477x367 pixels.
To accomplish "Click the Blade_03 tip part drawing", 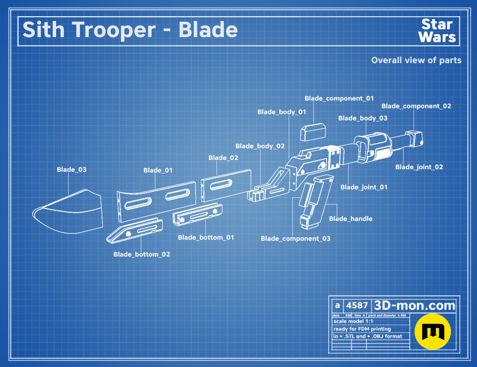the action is click(x=68, y=212).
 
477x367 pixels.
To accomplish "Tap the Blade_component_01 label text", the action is click(x=339, y=98).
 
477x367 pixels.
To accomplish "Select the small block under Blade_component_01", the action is click(x=313, y=132).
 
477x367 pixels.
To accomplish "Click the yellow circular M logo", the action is click(x=433, y=331).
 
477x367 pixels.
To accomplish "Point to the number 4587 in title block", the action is click(x=357, y=305).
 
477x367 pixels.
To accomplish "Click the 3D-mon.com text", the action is click(x=414, y=305).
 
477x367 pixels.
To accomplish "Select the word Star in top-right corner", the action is click(x=437, y=24).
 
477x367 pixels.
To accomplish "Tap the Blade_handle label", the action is click(x=350, y=219).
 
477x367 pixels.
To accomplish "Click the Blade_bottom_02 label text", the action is click(x=142, y=254).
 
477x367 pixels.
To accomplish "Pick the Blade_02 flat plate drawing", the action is click(x=226, y=185).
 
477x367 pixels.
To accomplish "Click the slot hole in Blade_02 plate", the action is click(x=221, y=185).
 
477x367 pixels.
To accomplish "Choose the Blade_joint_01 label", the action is click(x=364, y=187).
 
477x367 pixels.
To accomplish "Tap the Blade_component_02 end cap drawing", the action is click(x=414, y=138).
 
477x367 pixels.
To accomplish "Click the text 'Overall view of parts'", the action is click(x=416, y=60).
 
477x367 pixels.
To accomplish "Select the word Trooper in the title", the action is click(x=114, y=30).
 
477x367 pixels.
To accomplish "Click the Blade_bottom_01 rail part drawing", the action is click(x=197, y=214).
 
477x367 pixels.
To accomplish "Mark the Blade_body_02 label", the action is click(x=260, y=146).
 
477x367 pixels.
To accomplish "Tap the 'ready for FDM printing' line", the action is click(x=362, y=329).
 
